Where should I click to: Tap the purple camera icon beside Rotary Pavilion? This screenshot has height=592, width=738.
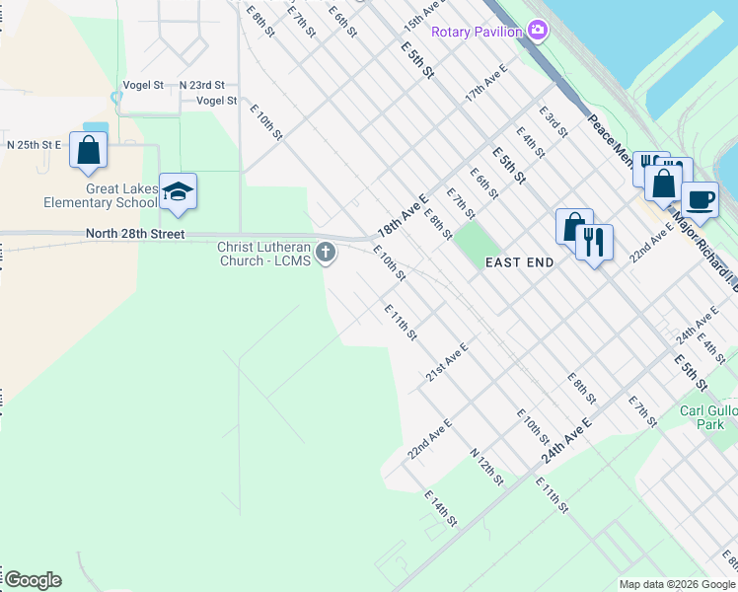point(538,31)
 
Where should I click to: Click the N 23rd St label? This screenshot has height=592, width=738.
point(201,85)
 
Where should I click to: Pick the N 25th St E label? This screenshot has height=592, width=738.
point(35,144)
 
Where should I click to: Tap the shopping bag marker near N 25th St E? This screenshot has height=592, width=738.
point(89,150)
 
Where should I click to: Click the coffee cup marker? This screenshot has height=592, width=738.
point(700,199)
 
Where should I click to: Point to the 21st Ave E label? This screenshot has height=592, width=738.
point(446,363)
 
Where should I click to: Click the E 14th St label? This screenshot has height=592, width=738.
point(442,507)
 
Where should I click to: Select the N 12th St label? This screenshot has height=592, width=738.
point(486,467)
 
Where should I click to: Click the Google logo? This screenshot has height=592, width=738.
point(33,580)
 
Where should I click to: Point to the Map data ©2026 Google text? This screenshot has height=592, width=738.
point(677,584)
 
